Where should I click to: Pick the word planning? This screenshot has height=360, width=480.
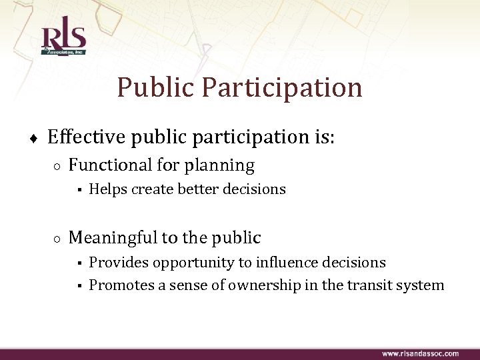(x=224, y=166)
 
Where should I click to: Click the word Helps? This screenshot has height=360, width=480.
(x=108, y=189)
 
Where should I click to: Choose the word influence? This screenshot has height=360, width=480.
(x=289, y=263)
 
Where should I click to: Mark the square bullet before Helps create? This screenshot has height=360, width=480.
(x=78, y=190)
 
